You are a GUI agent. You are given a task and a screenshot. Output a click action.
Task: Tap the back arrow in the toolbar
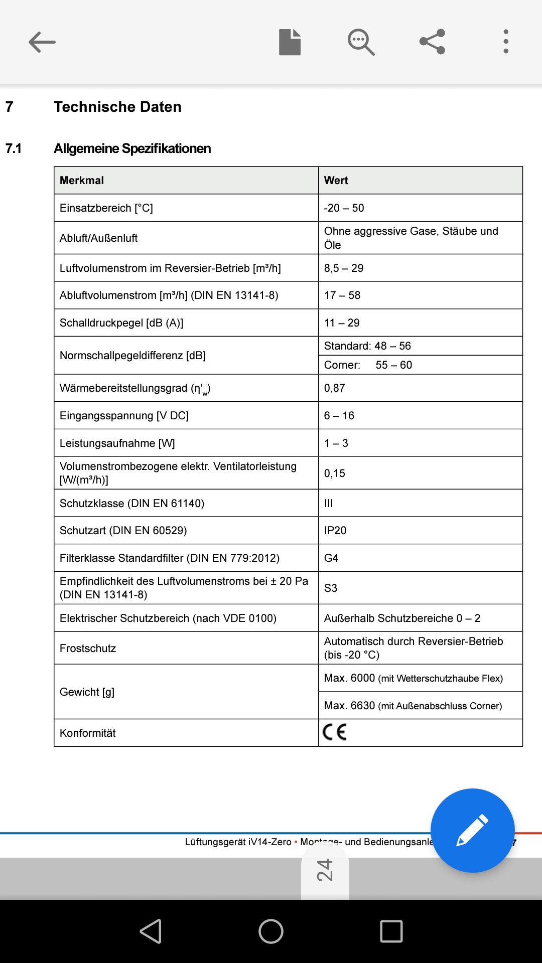pyautogui.click(x=42, y=42)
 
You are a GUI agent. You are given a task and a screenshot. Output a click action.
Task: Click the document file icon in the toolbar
pyautogui.click(x=290, y=42)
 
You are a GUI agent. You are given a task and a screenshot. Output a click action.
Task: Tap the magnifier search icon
pyautogui.click(x=361, y=42)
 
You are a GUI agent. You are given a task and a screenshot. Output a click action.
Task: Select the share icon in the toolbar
pyautogui.click(x=432, y=42)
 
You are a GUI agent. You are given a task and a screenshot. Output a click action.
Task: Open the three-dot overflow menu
pyautogui.click(x=506, y=42)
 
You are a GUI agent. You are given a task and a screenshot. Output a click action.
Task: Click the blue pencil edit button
pyautogui.click(x=472, y=830)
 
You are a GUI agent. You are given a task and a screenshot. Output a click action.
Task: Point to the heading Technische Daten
pyautogui.click(x=117, y=107)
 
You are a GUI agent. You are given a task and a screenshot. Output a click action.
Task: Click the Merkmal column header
pyautogui.click(x=82, y=181)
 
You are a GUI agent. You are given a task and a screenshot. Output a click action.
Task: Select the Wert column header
pyautogui.click(x=336, y=181)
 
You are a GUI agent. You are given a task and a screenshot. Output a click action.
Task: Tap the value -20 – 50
pyautogui.click(x=344, y=208)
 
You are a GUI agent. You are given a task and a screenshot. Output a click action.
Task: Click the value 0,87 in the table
pyautogui.click(x=335, y=388)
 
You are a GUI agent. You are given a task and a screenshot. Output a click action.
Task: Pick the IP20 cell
pyautogui.click(x=335, y=531)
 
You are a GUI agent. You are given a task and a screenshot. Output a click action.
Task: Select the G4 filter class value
pyautogui.click(x=331, y=558)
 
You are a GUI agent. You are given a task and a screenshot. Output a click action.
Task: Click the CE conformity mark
pyautogui.click(x=335, y=732)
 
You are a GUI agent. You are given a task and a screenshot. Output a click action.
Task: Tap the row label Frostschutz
pyautogui.click(x=88, y=649)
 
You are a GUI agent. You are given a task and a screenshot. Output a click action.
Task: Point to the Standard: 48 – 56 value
pyautogui.click(x=367, y=346)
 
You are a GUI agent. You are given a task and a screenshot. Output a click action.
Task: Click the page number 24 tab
pyautogui.click(x=325, y=870)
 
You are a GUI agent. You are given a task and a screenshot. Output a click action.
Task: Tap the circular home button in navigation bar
pyautogui.click(x=271, y=931)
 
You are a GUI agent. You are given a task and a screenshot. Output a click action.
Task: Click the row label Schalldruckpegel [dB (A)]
pyautogui.click(x=121, y=323)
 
